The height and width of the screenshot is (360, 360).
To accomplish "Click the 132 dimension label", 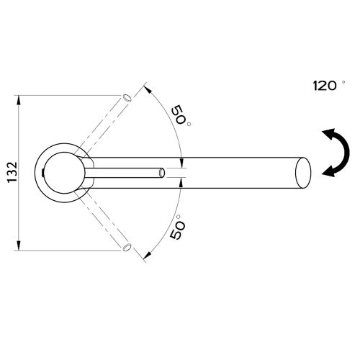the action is click(x=12, y=173).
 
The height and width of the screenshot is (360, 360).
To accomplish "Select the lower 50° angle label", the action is click(x=178, y=227).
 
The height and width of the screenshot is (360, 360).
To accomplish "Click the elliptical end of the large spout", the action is click(x=303, y=173).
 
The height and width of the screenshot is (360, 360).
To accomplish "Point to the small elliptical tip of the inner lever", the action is click(x=162, y=173).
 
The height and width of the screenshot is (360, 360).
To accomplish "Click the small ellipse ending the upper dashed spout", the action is click(x=127, y=98).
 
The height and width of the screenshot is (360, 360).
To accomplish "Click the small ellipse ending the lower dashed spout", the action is click(x=127, y=248).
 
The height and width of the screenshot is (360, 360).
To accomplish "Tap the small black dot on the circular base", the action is click(x=42, y=173).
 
